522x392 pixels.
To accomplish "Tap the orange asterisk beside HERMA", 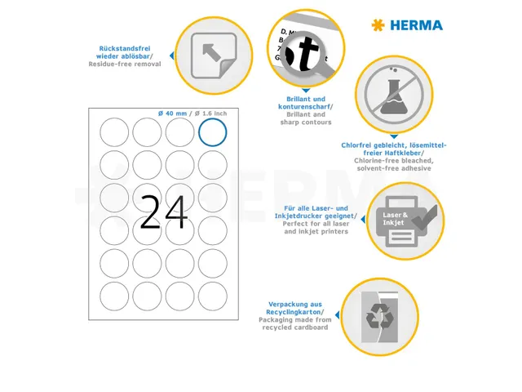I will [377, 25].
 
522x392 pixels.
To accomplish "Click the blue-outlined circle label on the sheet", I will [213, 132].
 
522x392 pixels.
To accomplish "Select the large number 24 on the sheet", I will [163, 212].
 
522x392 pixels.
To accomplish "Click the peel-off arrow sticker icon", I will [207, 55].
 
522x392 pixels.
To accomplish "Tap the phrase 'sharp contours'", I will [305, 122].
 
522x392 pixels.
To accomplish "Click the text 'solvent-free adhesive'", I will [394, 168].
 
